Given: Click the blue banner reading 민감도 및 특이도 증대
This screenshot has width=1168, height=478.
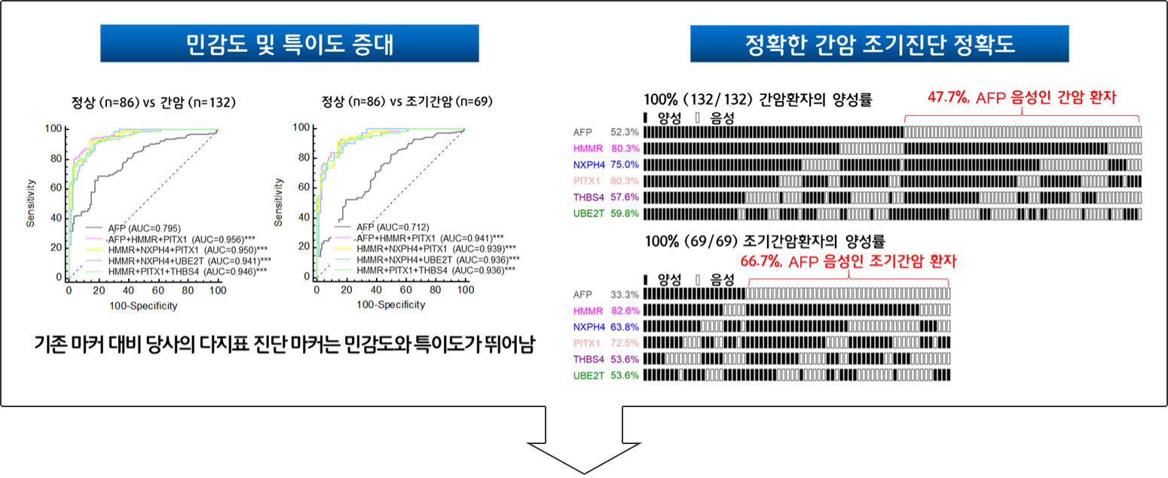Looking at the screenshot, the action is pos(289,43).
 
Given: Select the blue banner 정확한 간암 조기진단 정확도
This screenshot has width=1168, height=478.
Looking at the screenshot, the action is pos(879,44).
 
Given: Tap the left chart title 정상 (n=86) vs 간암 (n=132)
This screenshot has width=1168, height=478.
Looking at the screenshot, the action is pos(153,102).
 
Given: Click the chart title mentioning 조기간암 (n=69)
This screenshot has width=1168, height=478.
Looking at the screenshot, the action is pos(407,101).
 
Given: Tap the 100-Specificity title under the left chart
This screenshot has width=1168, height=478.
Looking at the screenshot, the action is pos(143,306).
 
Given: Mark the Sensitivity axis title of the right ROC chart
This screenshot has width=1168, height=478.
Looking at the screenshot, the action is pos(279,203).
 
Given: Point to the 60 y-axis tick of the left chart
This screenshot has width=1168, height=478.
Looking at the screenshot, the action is pos(56,187).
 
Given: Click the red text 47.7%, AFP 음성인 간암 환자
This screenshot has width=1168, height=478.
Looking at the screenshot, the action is pos(1022,97).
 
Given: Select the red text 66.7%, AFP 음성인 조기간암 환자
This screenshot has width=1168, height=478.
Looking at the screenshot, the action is pos(848,261).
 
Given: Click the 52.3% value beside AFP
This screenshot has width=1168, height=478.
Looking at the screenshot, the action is pos(625,133).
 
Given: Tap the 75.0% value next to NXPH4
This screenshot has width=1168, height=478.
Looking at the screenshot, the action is pos(625,165).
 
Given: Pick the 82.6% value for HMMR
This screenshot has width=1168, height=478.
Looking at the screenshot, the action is pos(625,311).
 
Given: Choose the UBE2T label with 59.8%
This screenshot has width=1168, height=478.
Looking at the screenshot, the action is pos(589,213).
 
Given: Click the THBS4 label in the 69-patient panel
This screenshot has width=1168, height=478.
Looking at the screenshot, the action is pos(589,360).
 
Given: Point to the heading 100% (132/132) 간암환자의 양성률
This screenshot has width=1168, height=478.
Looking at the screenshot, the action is pos(758,100).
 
